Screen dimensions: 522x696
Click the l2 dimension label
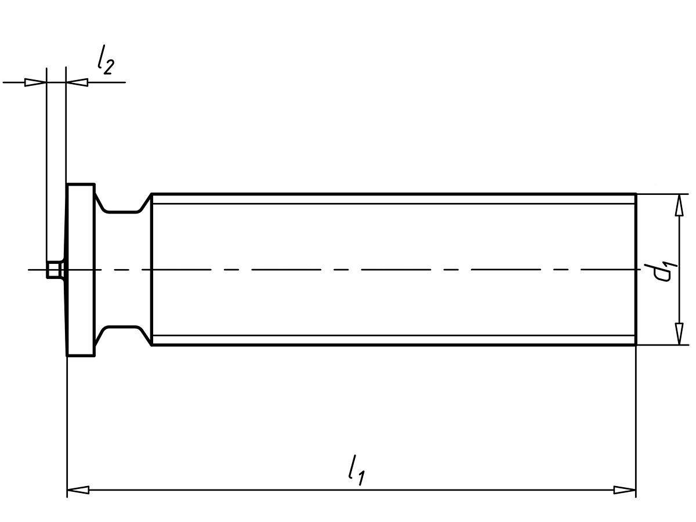(105, 60)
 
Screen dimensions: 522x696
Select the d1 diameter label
(661, 271)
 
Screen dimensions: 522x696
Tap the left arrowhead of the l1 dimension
(78, 490)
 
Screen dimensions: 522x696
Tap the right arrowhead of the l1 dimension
(625, 490)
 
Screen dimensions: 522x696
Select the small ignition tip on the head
(53, 270)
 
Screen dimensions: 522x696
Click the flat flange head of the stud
(81, 270)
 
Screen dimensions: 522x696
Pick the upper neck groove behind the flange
(122, 204)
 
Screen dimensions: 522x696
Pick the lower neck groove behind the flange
(122, 335)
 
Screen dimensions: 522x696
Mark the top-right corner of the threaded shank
(636, 194)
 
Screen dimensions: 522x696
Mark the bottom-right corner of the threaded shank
(636, 345)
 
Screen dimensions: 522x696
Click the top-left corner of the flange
(68, 185)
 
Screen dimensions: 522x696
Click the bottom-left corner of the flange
(68, 355)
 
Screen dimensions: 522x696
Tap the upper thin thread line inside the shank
(394, 204)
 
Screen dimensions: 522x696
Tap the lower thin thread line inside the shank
(394, 336)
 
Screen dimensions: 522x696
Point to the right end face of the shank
(636, 244)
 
